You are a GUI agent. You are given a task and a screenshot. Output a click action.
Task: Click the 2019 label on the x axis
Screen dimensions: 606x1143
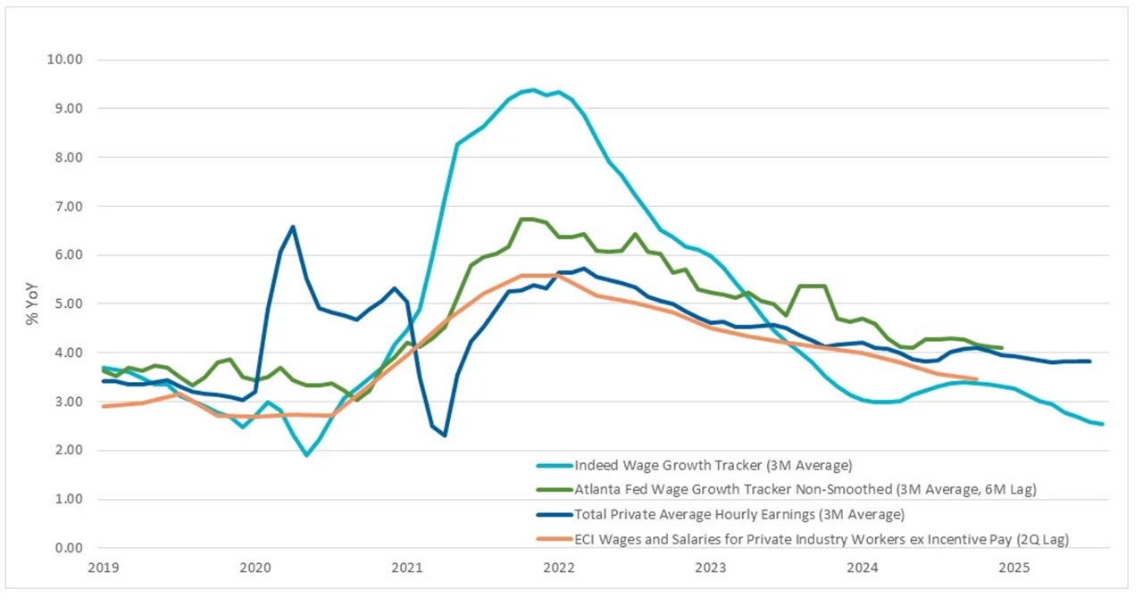pos(104,567)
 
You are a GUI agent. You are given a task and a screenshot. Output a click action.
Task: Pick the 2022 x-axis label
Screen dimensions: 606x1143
pos(559,567)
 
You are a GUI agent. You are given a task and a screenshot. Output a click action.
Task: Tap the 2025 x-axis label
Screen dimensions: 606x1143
pos(1014,567)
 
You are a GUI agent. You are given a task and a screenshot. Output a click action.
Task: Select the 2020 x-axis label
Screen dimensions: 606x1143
pos(255,567)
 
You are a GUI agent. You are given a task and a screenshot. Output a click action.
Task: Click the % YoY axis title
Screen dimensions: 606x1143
pos(33,303)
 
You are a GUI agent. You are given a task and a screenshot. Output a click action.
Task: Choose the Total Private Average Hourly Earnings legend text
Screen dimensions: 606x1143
pos(739,514)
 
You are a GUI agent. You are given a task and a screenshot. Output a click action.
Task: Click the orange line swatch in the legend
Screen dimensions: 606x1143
pos(552,538)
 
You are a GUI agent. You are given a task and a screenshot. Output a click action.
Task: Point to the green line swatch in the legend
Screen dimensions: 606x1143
pos(552,489)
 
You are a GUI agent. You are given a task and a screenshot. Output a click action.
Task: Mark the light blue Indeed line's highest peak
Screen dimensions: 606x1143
pos(533,89)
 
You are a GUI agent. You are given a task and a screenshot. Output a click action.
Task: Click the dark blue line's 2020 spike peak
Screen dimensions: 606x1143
pos(293,227)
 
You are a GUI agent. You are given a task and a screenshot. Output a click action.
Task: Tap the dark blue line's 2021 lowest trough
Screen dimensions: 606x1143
pos(444,436)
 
